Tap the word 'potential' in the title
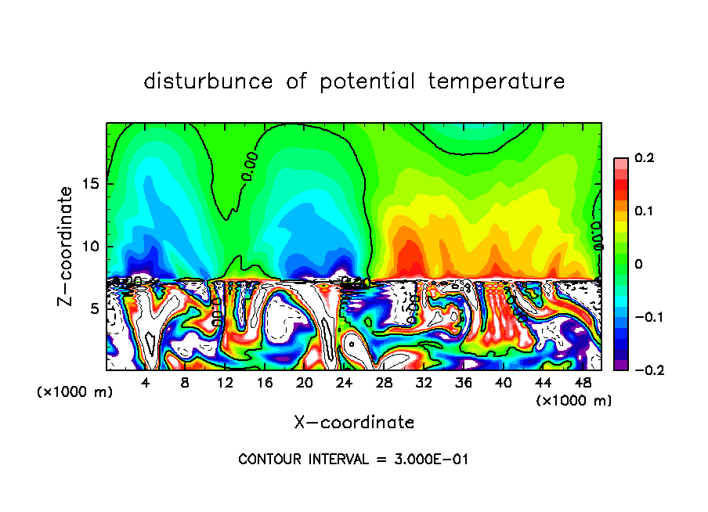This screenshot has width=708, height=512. click(367, 81)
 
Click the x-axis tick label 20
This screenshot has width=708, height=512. click(304, 383)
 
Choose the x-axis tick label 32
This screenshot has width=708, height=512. click(424, 383)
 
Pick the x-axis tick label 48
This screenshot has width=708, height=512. click(582, 383)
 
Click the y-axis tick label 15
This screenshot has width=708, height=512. click(89, 184)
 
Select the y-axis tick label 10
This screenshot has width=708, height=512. click(89, 247)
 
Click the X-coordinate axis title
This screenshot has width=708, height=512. click(354, 423)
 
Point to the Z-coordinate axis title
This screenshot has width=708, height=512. click(65, 246)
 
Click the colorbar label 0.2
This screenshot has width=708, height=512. click(645, 158)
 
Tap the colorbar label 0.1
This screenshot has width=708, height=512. click(645, 211)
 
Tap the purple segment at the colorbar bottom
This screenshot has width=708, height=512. click(620, 365)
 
